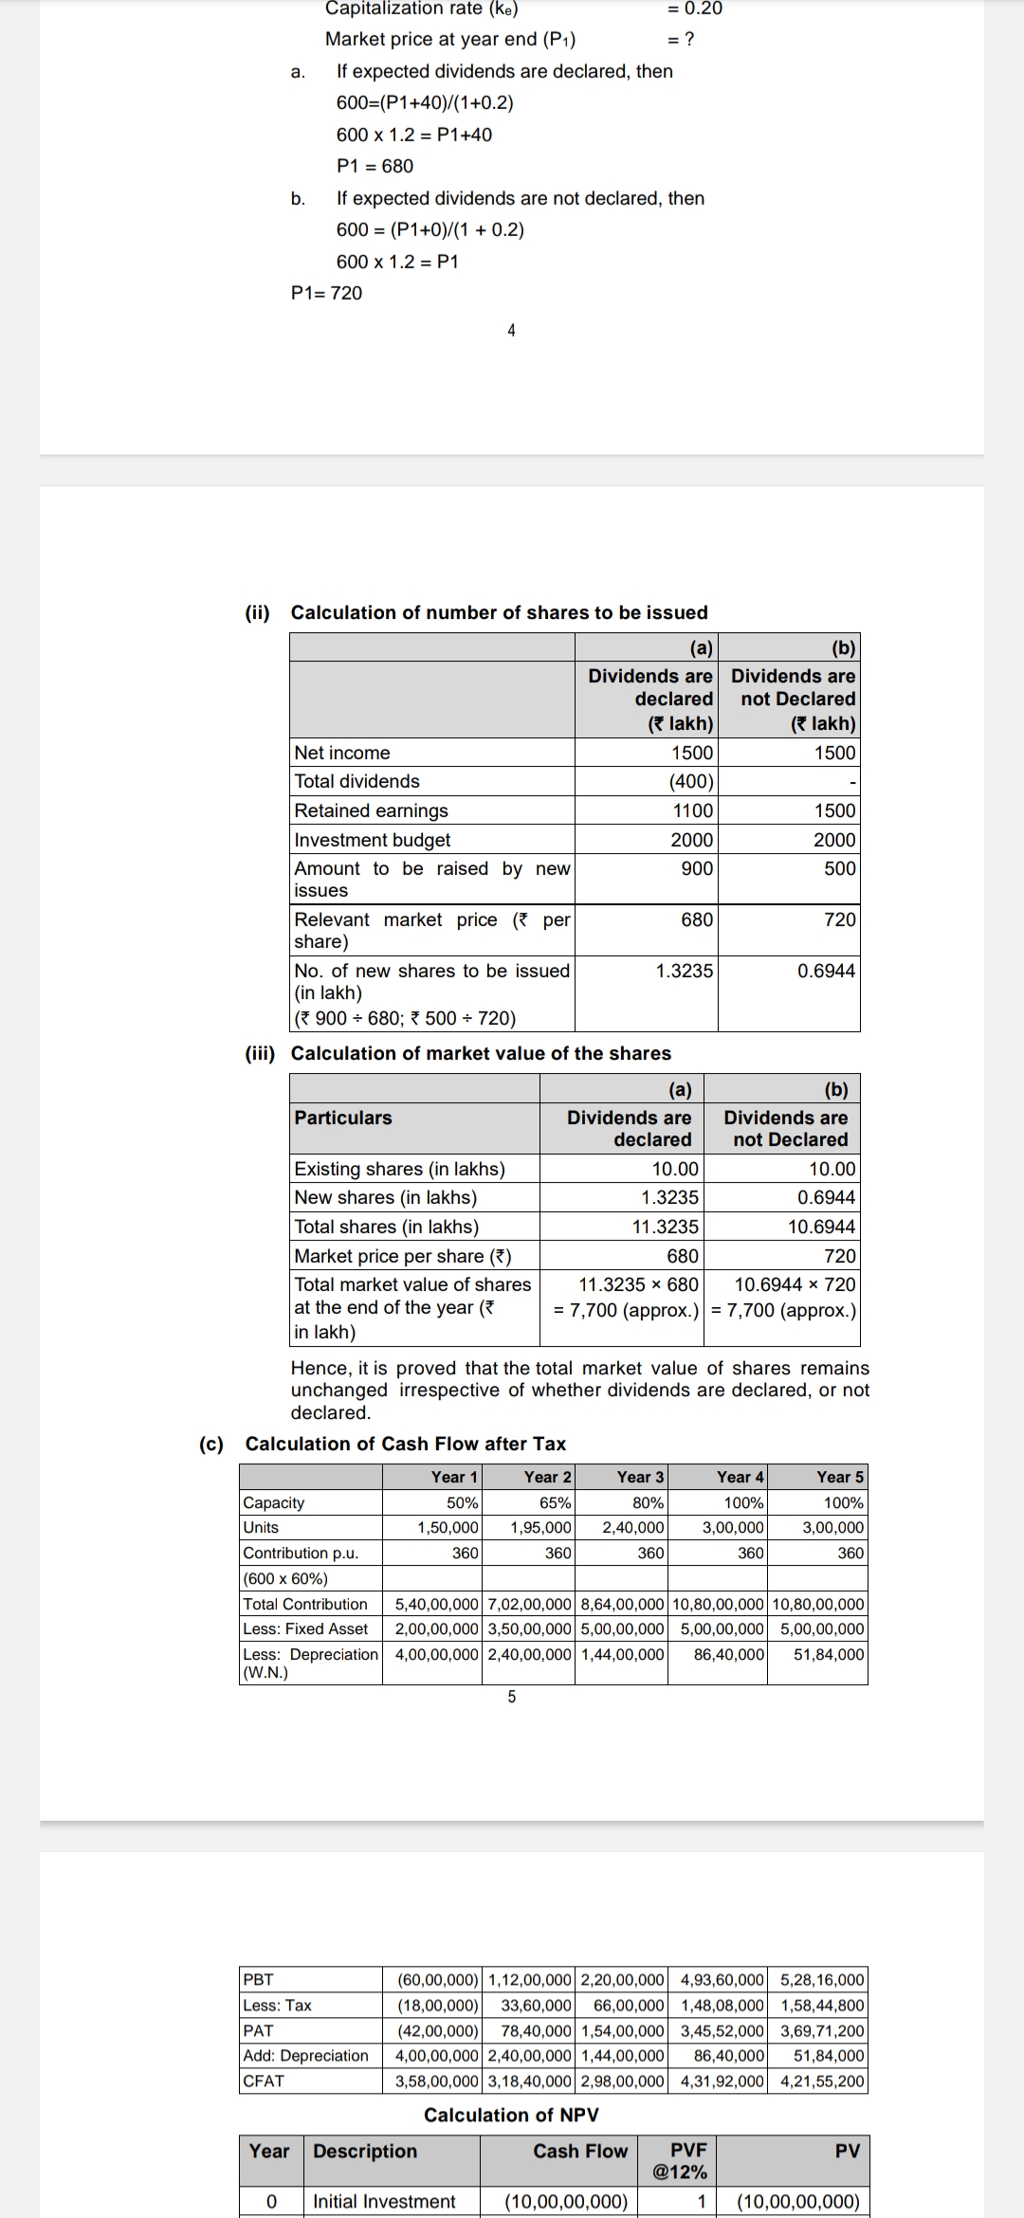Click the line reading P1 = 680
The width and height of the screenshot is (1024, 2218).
click(375, 166)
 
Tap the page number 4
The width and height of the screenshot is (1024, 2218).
click(512, 330)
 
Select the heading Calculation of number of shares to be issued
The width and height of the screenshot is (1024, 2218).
click(499, 612)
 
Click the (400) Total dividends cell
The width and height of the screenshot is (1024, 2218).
click(691, 781)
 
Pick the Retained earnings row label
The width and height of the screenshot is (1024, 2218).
click(371, 810)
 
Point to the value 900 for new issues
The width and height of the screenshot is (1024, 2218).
click(697, 868)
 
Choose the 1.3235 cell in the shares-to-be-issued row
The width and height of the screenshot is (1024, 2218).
click(684, 971)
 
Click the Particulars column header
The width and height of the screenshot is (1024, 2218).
click(342, 1118)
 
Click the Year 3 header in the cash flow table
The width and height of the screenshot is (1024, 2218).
click(640, 1477)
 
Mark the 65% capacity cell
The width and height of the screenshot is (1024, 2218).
click(555, 1502)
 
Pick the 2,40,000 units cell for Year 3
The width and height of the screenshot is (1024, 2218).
click(633, 1527)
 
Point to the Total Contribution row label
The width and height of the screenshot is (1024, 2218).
click(305, 1604)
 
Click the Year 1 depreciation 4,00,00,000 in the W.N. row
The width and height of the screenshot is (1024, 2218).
click(436, 1654)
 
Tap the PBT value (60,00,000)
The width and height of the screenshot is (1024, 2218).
click(437, 1980)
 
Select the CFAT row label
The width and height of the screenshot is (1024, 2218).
click(264, 2081)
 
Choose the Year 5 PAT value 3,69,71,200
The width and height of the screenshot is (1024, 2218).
click(822, 2030)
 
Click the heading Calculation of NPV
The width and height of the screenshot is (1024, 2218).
click(511, 2115)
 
